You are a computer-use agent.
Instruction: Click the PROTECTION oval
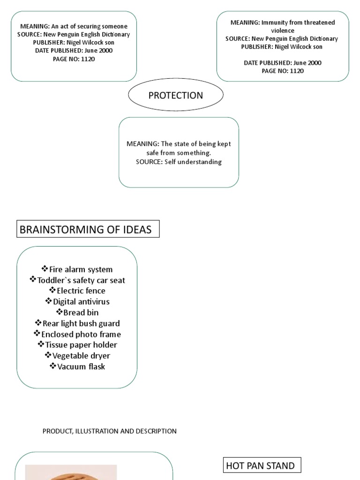coord(176,95)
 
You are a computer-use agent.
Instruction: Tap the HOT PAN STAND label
coord(261,465)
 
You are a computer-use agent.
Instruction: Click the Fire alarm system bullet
coord(81,270)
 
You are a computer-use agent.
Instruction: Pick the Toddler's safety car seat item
coord(81,280)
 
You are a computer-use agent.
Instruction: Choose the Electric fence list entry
coord(81,291)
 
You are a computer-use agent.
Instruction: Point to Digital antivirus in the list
coord(81,302)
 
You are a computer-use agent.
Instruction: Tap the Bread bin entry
coord(81,313)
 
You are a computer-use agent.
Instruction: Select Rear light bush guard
coord(81,323)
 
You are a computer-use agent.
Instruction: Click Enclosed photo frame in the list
coord(81,334)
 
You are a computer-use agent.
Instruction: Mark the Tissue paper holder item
coord(81,345)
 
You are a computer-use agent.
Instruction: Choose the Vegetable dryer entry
coord(81,356)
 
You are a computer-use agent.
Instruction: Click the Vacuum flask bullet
coord(81,367)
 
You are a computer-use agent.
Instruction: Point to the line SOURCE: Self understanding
coord(179,162)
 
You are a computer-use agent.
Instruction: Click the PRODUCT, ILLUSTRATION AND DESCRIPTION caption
coord(110,431)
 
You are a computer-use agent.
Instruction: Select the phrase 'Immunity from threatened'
coord(296,22)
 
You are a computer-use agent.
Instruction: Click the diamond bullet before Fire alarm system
coord(45,269)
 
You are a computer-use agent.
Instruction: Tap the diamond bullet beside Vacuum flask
coord(52,366)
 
